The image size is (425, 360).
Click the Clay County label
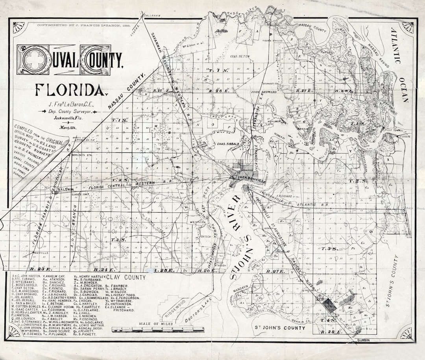(128, 277)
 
